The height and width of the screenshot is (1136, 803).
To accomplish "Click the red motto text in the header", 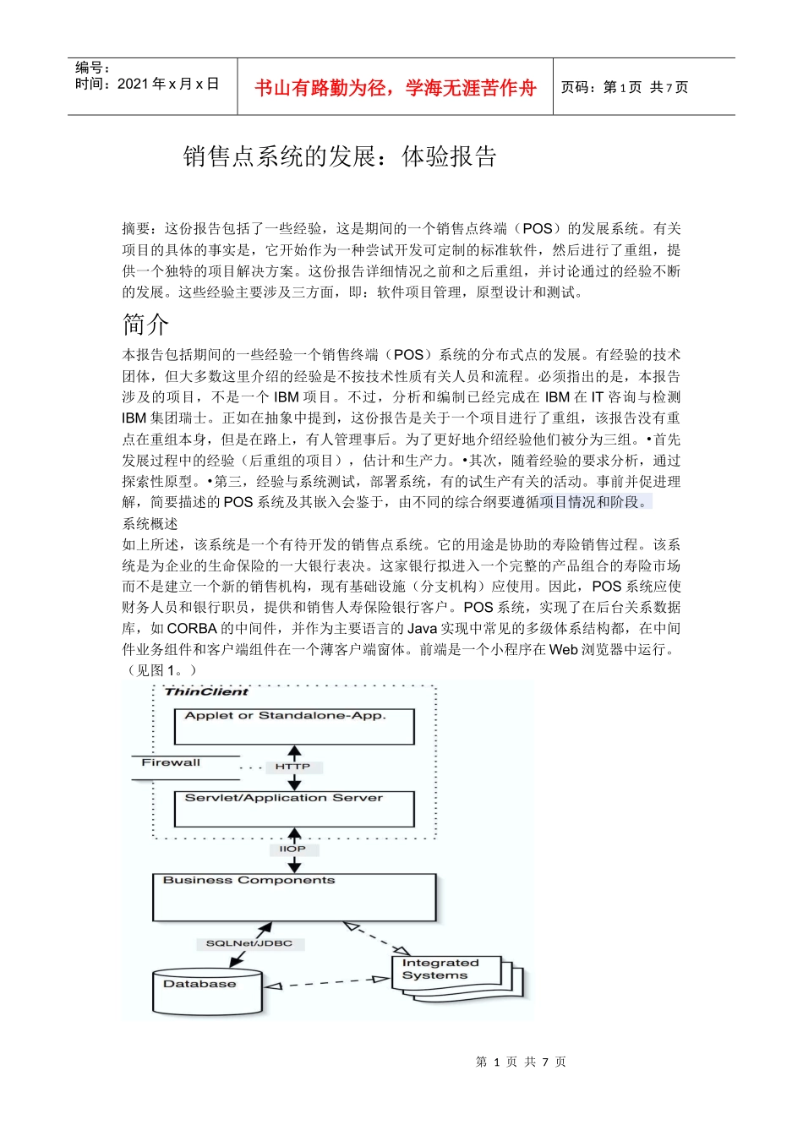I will pyautogui.click(x=395, y=88).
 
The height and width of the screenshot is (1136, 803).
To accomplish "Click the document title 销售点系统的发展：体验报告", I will pyautogui.click(x=339, y=156).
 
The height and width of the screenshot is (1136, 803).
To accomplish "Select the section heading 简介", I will pyautogui.click(x=145, y=325).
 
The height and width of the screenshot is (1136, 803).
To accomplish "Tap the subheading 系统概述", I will pyautogui.click(x=150, y=524).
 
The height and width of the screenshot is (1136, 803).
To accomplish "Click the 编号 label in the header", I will pyautogui.click(x=91, y=68).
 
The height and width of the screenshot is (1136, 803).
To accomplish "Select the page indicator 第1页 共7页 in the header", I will pyautogui.click(x=625, y=87).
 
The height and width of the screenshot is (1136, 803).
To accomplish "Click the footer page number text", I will pyautogui.click(x=521, y=1062).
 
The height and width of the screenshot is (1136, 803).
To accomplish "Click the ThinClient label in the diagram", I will pyautogui.click(x=206, y=691).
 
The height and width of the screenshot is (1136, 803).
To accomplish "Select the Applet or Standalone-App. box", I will pyautogui.click(x=293, y=726).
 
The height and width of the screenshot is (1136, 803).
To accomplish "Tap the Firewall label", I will pyautogui.click(x=171, y=762).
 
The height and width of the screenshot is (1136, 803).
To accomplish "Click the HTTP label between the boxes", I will pyautogui.click(x=292, y=767).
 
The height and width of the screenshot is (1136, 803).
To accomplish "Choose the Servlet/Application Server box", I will pyautogui.click(x=293, y=809).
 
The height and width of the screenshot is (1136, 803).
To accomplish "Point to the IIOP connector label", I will pyautogui.click(x=292, y=849).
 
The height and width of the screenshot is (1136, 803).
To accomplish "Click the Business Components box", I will pyautogui.click(x=293, y=897).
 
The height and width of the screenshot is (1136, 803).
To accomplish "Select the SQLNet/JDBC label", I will pyautogui.click(x=249, y=943).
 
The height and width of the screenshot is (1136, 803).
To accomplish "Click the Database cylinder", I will pyautogui.click(x=207, y=991).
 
